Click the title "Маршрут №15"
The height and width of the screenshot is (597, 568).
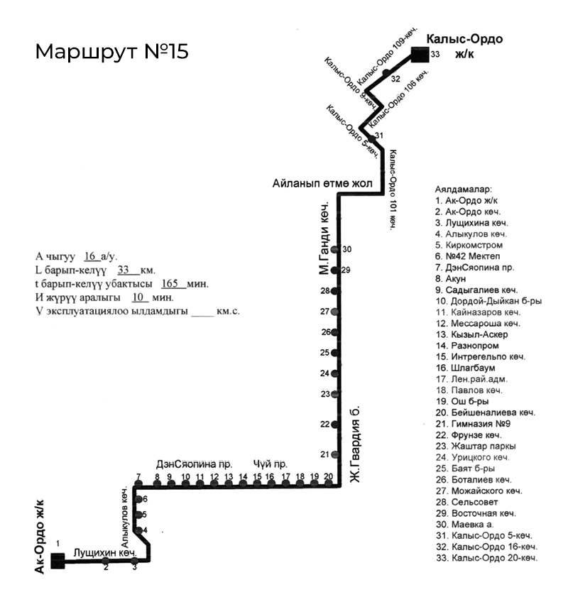point(111,53)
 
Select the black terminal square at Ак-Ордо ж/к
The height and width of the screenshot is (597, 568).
point(58,561)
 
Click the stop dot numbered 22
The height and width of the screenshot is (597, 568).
point(335,425)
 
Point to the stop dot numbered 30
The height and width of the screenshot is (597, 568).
point(337,250)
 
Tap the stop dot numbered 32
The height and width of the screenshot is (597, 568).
point(386,72)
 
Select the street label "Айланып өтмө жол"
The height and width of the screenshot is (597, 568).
point(322,183)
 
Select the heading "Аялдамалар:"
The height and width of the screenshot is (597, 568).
point(462,190)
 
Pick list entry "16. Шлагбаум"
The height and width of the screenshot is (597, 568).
point(466,368)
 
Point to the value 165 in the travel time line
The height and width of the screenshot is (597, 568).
point(173,283)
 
